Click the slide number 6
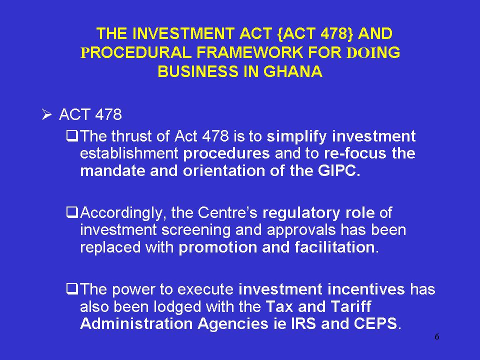pyautogui.click(x=437, y=336)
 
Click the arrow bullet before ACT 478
pyautogui.click(x=47, y=115)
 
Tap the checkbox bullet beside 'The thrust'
pyautogui.click(x=72, y=136)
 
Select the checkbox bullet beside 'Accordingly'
pyautogui.click(x=72, y=212)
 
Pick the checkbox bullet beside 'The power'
pyautogui.click(x=72, y=288)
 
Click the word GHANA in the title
pyautogui.click(x=293, y=71)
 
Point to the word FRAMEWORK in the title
pyautogui.click(x=249, y=52)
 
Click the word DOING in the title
pyautogui.click(x=373, y=52)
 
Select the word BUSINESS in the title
pyautogui.click(x=198, y=71)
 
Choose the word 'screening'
pyautogui.click(x=196, y=230)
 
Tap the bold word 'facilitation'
pyautogui.click(x=335, y=247)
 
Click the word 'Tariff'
pyautogui.click(x=351, y=306)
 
